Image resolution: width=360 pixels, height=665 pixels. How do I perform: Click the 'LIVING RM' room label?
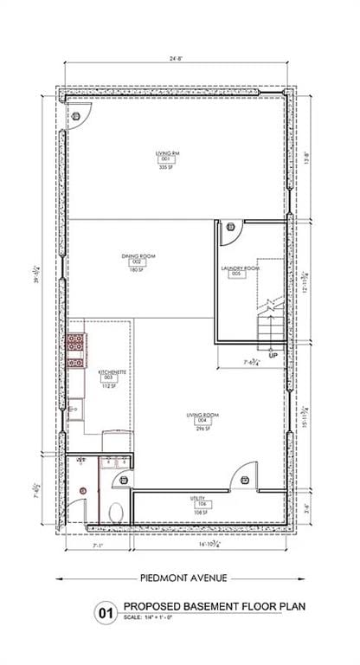[x=168, y=152]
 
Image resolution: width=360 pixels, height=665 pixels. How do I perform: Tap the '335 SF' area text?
[x=168, y=167]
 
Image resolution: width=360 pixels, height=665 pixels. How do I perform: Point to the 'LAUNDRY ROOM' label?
[x=240, y=268]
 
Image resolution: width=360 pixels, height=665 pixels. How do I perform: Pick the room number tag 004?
[x=202, y=422]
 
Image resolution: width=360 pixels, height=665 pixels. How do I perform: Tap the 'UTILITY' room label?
[x=197, y=498]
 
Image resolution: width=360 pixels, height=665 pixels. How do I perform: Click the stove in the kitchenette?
[x=76, y=344]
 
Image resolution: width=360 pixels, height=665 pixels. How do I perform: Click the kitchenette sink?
[x=75, y=406]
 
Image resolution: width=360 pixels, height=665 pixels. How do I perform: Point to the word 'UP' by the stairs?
[x=273, y=356]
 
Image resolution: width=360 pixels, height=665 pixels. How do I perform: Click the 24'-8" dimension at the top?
[x=177, y=58]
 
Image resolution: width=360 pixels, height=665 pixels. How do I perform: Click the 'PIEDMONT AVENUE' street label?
[x=179, y=578]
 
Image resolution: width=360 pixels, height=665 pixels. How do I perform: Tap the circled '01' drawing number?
[x=106, y=614]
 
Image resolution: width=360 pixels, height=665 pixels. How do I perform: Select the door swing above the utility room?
[x=247, y=474]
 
